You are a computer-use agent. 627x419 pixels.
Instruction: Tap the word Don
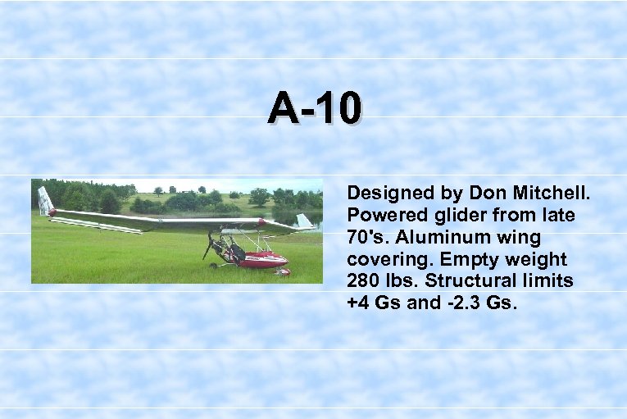pyautogui.click(x=486, y=194)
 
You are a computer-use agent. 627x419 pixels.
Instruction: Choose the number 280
pyautogui.click(x=365, y=282)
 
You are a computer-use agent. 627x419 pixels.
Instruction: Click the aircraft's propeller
pyautogui.click(x=209, y=244)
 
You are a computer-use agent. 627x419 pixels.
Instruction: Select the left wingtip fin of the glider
pyautogui.click(x=44, y=201)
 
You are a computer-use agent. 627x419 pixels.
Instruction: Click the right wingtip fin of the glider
pyautogui.click(x=304, y=221)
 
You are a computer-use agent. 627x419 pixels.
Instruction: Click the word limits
pyautogui.click(x=547, y=282)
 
